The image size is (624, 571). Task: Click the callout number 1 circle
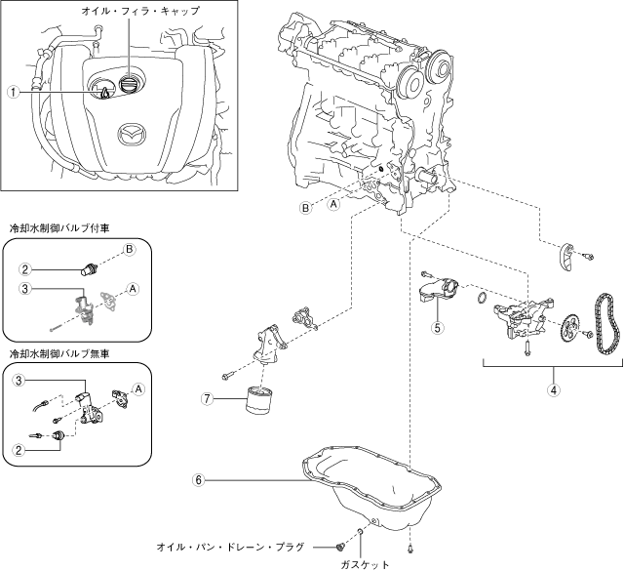14,93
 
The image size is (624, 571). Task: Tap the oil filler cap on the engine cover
128,84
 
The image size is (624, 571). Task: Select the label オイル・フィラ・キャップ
140,11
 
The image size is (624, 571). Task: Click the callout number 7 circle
208,398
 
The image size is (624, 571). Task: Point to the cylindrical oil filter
258,399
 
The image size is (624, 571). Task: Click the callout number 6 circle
199,480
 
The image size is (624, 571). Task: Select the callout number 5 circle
438,328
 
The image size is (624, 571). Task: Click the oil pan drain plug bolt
339,548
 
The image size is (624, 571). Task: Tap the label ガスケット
365,564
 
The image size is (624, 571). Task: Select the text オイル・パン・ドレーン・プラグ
230,548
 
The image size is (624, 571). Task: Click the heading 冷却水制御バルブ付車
59,228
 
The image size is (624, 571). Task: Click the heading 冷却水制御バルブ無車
59,353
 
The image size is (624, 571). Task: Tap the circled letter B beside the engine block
305,208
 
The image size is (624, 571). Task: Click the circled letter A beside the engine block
333,204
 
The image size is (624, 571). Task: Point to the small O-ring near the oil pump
481,297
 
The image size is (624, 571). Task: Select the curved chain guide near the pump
565,255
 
